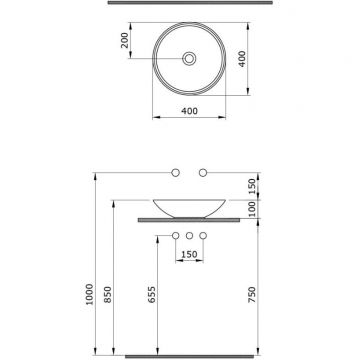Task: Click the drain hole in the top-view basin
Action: (x=187, y=59)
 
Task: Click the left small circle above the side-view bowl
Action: (x=176, y=174)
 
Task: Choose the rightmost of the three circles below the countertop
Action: (x=202, y=236)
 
